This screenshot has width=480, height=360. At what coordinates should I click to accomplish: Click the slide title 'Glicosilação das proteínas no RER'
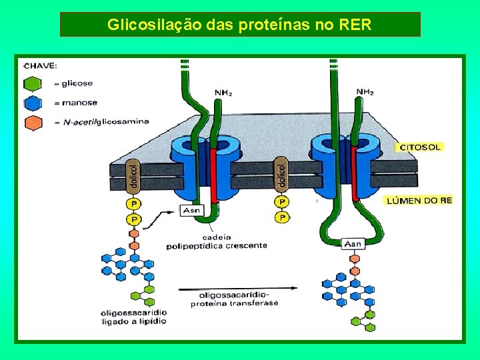pyautogui.click(x=240, y=25)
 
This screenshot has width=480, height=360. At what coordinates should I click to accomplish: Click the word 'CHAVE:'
pyautogui.click(x=40, y=66)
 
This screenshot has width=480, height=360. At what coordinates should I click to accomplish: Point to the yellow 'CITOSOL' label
pyautogui.click(x=421, y=146)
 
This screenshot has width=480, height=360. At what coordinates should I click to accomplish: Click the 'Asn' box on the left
pyautogui.click(x=190, y=211)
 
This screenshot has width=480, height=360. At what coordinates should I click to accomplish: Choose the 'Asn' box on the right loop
pyautogui.click(x=353, y=244)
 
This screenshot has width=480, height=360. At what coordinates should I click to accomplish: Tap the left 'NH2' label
pyautogui.click(x=223, y=93)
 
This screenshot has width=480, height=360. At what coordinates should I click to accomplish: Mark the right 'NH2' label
pyautogui.click(x=365, y=92)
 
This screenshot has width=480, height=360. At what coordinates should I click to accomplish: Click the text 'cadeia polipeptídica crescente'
pyautogui.click(x=217, y=241)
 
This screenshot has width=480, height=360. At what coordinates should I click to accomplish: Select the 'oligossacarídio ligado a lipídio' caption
pyautogui.click(x=133, y=317)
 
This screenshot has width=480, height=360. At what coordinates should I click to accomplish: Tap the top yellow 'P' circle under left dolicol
pyautogui.click(x=135, y=204)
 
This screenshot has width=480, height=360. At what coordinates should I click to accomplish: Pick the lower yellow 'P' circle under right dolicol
pyautogui.click(x=282, y=217)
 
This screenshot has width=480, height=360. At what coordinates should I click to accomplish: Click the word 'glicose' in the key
pyautogui.click(x=77, y=83)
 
